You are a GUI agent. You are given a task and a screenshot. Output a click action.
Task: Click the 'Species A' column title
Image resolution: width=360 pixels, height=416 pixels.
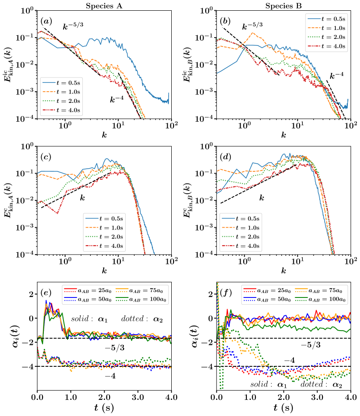[105, 6]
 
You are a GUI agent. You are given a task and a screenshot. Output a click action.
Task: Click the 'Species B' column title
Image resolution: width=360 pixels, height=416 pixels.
[284, 6]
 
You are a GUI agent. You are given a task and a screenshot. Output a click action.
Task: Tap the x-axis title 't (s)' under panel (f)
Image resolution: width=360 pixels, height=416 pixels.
[284, 408]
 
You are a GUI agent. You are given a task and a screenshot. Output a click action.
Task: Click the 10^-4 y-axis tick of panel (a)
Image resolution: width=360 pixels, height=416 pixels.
[26, 119]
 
